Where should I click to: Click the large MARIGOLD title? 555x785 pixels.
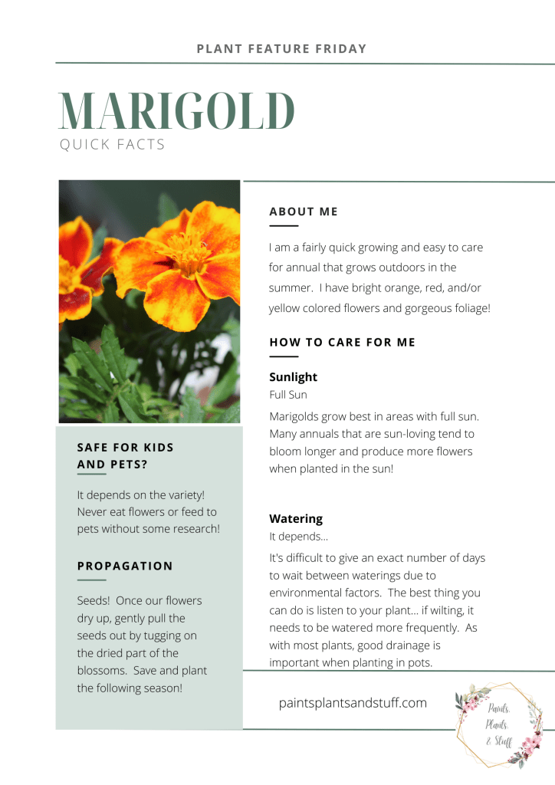click(177, 111)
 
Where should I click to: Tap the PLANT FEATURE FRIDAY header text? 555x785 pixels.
click(281, 49)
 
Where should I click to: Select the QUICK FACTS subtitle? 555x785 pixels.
click(112, 145)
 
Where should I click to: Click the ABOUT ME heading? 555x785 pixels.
click(304, 212)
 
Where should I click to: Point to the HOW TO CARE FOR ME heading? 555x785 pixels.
click(342, 342)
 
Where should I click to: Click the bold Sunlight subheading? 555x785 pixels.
click(293, 377)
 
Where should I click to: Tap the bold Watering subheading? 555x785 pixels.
click(296, 519)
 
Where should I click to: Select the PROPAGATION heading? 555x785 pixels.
click(125, 566)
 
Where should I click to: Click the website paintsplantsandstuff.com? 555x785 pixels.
click(353, 702)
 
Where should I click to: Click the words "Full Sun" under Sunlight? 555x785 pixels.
click(288, 395)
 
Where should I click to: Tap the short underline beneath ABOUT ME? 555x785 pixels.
click(284, 226)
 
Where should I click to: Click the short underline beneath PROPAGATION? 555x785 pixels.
click(91, 580)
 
